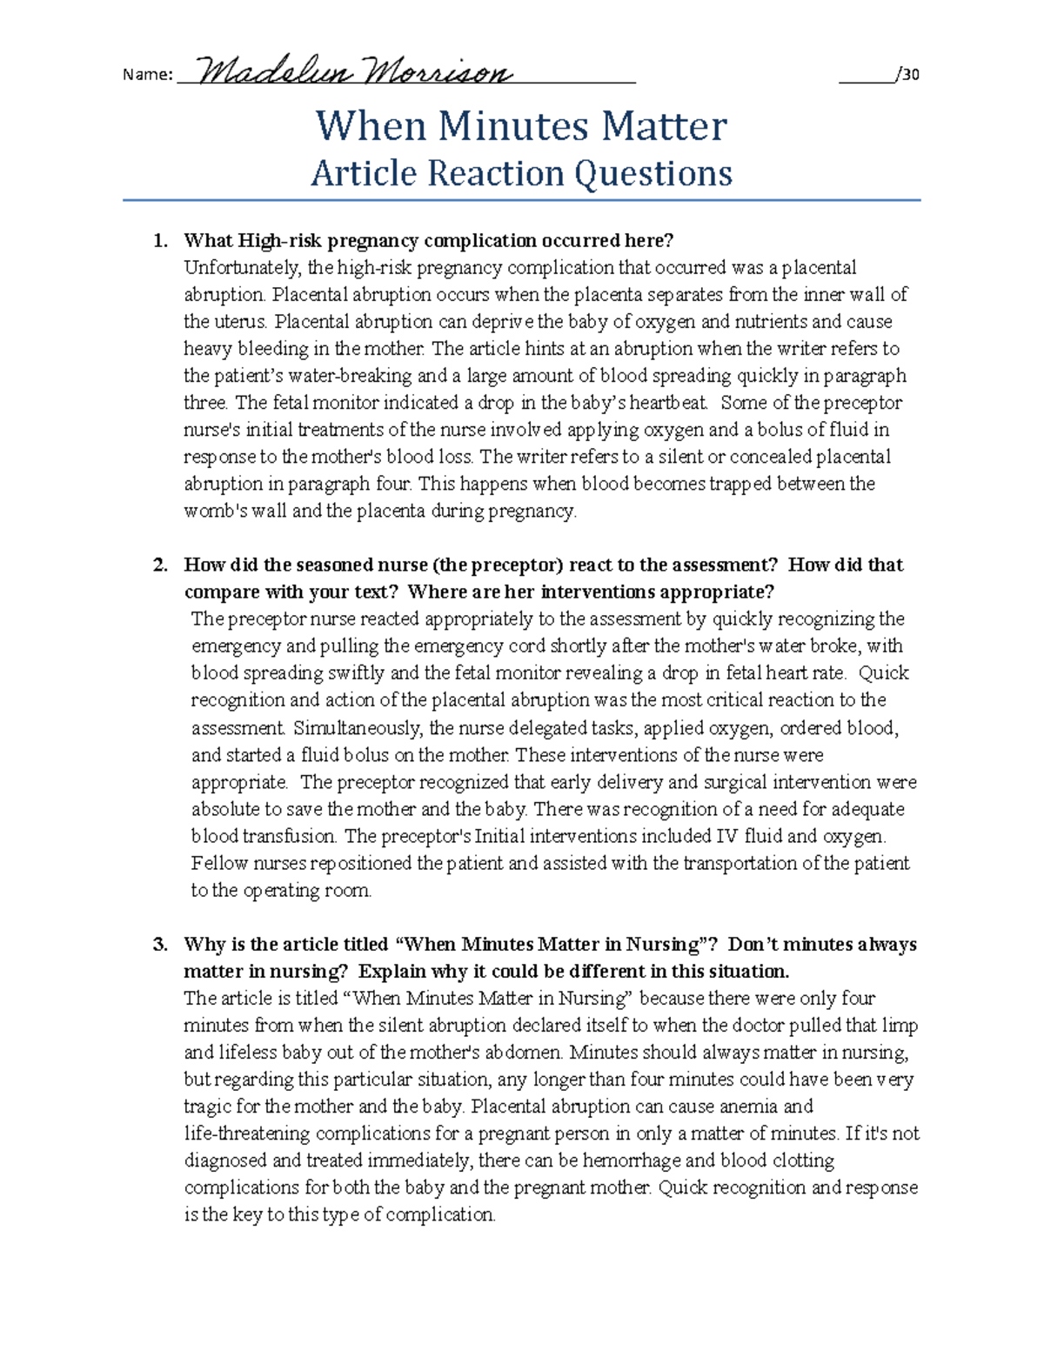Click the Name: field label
(147, 75)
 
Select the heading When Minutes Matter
(520, 126)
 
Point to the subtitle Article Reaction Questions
(521, 173)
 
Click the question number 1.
(158, 241)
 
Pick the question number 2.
(159, 565)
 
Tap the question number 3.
(159, 945)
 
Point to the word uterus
(236, 322)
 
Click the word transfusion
(290, 837)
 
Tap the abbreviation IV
(726, 837)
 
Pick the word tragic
(210, 1107)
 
